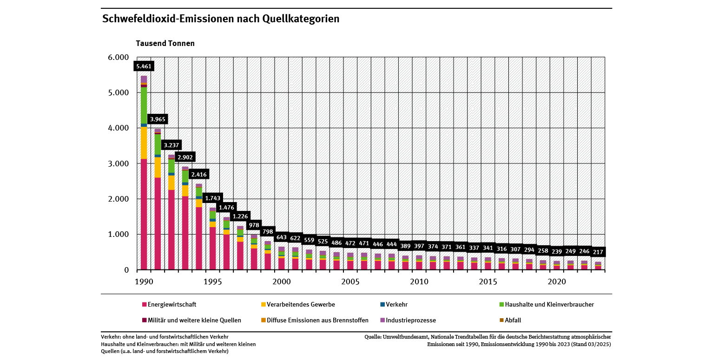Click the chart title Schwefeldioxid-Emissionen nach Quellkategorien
tap(221, 19)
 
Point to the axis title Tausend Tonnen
tap(165, 43)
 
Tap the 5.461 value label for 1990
tap(144, 66)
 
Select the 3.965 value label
tap(158, 119)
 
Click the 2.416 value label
tap(199, 175)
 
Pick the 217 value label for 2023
tap(599, 252)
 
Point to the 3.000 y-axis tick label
tap(118, 164)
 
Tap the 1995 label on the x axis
tap(212, 282)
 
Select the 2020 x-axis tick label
tap(556, 282)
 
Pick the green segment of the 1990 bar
tap(144, 105)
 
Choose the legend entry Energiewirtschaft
tap(171, 305)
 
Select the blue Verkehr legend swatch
tap(382, 305)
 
